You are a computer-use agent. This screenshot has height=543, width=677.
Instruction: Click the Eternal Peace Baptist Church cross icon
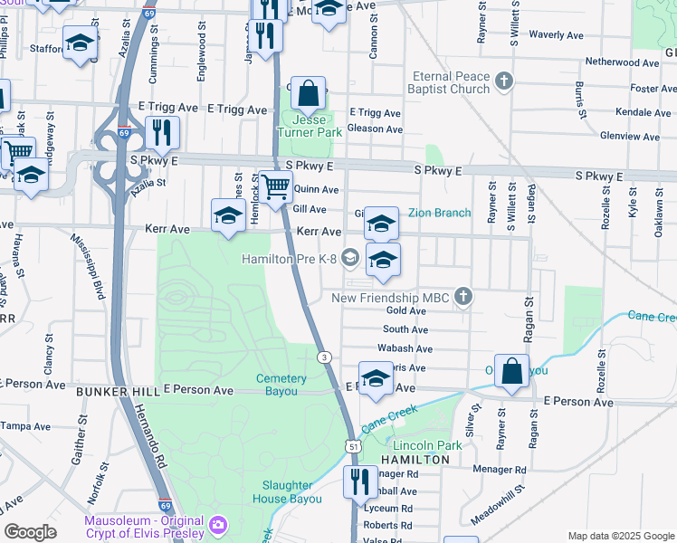click(x=505, y=83)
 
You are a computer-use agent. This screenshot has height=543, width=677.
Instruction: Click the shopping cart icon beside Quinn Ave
click(x=277, y=187)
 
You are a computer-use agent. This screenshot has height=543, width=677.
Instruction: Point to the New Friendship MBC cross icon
click(x=462, y=296)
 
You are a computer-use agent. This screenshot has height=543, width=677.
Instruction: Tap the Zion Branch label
click(x=439, y=213)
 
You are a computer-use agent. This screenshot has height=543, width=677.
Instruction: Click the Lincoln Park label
click(x=421, y=445)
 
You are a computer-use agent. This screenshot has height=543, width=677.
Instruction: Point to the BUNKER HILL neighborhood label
click(x=117, y=390)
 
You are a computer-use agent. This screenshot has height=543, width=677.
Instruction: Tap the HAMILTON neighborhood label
click(x=415, y=460)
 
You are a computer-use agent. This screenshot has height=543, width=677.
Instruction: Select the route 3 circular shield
click(x=323, y=357)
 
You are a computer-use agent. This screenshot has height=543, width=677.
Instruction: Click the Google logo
click(x=30, y=531)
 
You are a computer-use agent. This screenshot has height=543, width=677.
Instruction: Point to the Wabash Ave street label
click(x=405, y=348)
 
